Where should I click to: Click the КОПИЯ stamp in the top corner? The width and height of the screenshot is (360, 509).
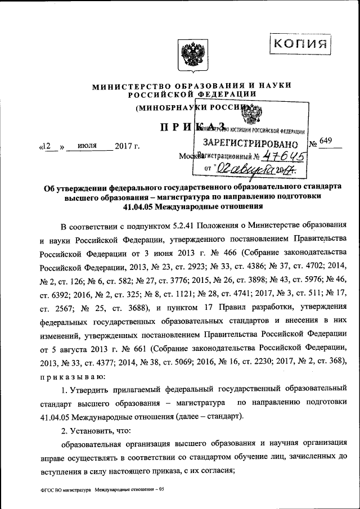300,43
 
